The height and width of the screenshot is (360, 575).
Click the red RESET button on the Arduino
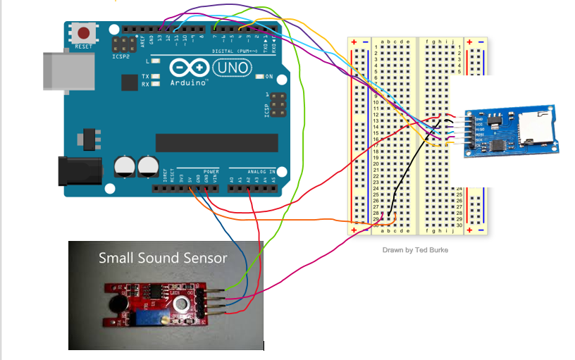(x=85, y=33)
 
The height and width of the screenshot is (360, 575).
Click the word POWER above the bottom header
(x=211, y=171)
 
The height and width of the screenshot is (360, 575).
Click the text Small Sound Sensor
(x=163, y=258)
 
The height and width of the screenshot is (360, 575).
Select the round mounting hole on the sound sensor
(x=182, y=305)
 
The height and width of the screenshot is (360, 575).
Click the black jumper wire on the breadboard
(x=409, y=169)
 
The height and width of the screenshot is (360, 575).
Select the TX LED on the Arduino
(x=154, y=75)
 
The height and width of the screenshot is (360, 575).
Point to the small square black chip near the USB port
(x=128, y=83)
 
